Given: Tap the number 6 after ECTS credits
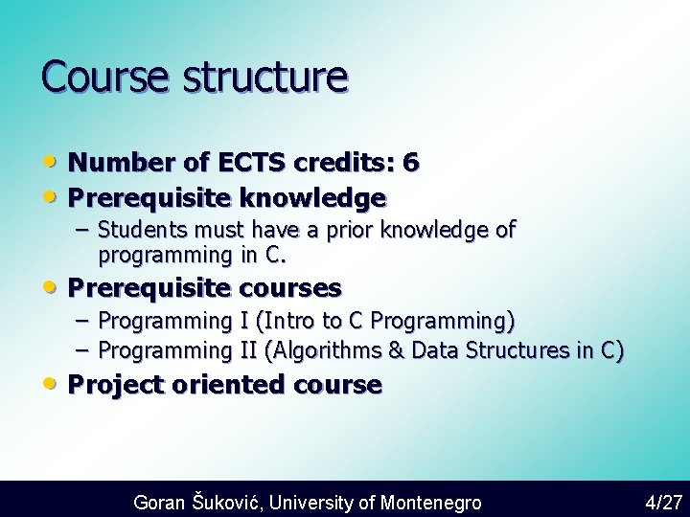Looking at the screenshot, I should click(410, 163).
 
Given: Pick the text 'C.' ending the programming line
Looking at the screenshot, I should click(276, 256).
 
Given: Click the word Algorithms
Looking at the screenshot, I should click(330, 351).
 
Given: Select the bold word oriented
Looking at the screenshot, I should click(229, 385).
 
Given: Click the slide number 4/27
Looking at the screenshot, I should click(663, 502).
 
